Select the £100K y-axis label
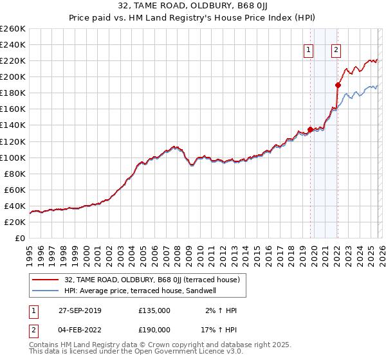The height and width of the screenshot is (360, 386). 13,157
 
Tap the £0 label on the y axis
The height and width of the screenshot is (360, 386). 19,238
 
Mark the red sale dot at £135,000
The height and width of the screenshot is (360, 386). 310,129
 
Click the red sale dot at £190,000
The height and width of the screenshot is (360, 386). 337,84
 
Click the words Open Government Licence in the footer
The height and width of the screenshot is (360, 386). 186,353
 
